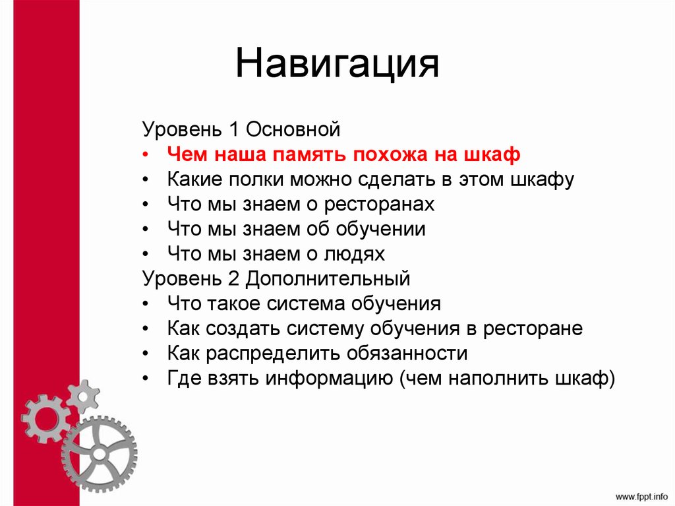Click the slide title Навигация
[x=337, y=65]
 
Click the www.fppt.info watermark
[x=641, y=495]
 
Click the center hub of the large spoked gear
[x=99, y=455]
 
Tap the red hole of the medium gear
[x=45, y=417]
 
